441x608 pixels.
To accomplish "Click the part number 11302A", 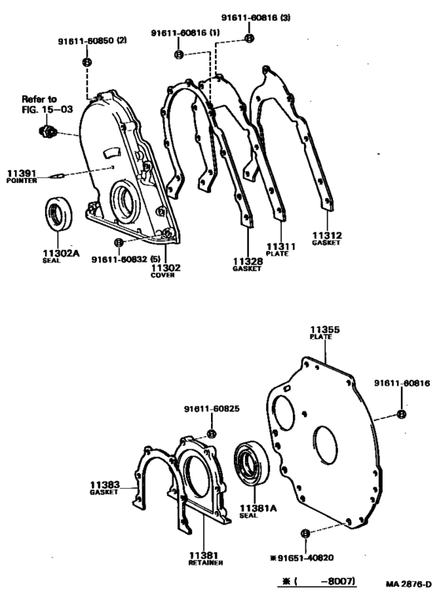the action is (61, 253).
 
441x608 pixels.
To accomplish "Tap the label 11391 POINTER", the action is (22, 176).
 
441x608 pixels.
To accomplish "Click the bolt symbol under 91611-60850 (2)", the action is (87, 62).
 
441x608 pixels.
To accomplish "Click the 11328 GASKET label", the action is (247, 264).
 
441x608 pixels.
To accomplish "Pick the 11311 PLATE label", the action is (280, 249).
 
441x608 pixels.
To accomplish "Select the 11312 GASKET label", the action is (327, 238).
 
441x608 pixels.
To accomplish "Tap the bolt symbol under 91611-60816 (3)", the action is (250, 38).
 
